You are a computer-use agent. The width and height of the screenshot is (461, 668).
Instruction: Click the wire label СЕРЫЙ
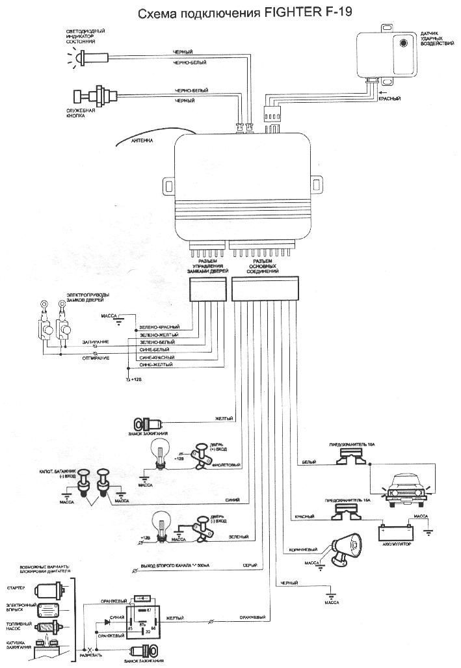[x=251, y=564]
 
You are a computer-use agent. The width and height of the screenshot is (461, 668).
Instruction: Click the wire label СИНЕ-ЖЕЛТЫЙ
[x=156, y=366]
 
